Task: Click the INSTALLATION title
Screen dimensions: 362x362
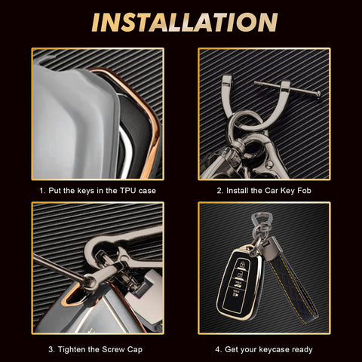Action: tap(185, 22)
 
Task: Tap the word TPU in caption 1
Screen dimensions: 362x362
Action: tap(127, 191)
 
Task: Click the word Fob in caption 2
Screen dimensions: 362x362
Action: tap(304, 191)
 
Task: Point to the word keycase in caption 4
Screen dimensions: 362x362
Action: tap(274, 350)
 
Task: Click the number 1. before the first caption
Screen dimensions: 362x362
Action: tap(43, 191)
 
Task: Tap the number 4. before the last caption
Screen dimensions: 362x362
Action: tap(219, 349)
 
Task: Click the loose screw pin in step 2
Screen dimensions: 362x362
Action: tap(287, 90)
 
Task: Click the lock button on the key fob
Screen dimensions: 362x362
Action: tap(241, 265)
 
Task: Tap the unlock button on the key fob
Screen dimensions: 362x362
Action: tap(239, 275)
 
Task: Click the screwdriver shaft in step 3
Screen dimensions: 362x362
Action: tap(59, 267)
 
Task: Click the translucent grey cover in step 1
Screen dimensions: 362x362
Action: tap(75, 121)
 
